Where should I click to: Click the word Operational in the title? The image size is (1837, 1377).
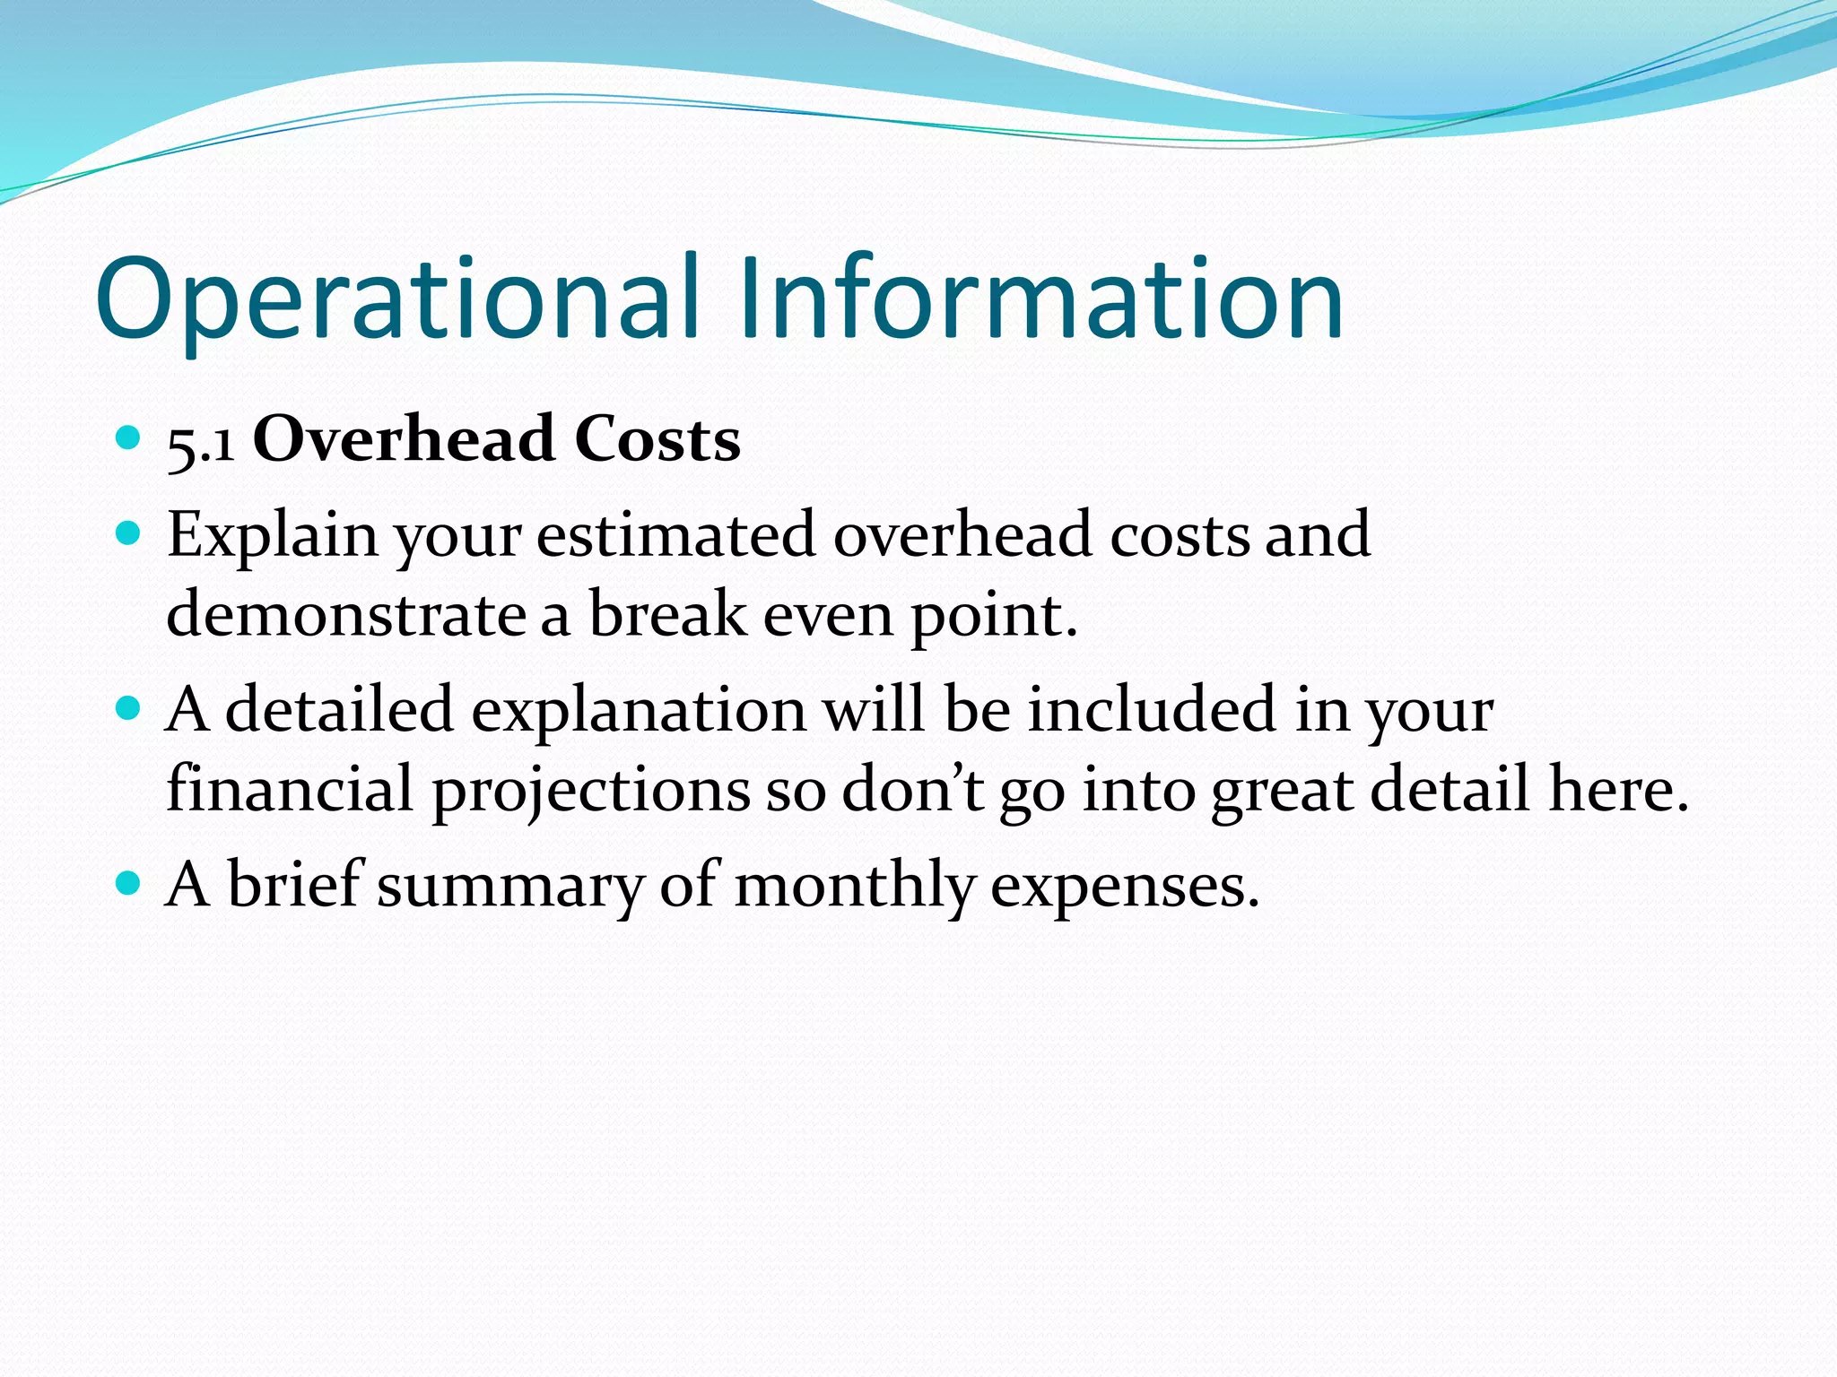pyautogui.click(x=395, y=300)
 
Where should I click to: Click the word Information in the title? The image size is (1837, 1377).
pyautogui.click(x=1040, y=300)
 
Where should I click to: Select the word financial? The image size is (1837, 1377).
pyautogui.click(x=290, y=789)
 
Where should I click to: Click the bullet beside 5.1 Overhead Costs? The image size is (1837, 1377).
pyautogui.click(x=129, y=438)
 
